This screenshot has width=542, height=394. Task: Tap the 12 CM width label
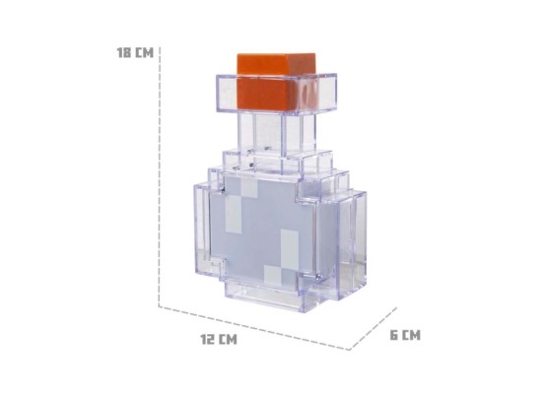(x=219, y=340)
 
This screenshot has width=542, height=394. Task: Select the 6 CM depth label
(x=404, y=335)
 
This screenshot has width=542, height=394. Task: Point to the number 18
(x=124, y=52)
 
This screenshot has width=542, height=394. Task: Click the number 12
(x=209, y=340)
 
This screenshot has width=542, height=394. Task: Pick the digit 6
(x=394, y=335)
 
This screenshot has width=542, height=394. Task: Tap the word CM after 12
(x=228, y=340)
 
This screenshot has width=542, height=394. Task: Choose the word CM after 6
(x=411, y=335)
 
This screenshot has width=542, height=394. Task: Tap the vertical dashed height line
(x=159, y=177)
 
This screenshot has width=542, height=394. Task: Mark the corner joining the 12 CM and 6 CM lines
(x=347, y=349)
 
